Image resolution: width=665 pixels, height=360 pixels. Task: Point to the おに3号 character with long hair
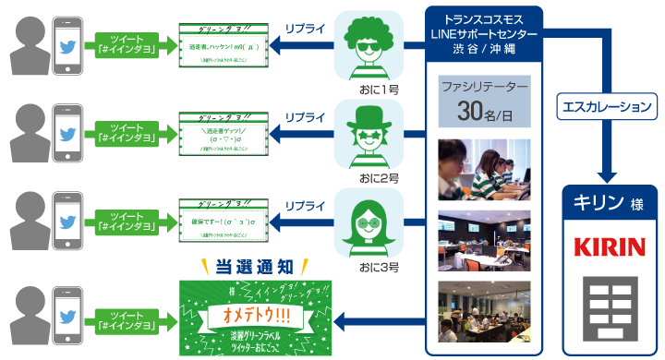(x=369, y=222)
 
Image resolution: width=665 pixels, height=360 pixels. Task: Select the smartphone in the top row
(x=67, y=44)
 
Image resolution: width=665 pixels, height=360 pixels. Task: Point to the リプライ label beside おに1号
(x=305, y=30)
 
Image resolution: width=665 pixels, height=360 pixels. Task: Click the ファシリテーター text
(x=484, y=88)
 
